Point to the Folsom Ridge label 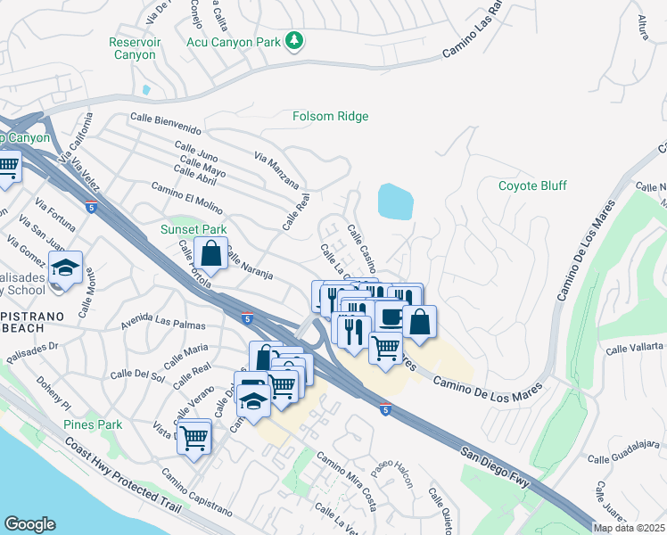[x=330, y=116]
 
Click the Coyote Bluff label [x=532, y=185]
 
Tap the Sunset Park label [x=194, y=229]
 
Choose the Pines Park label [x=93, y=424]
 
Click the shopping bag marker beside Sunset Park [x=210, y=254]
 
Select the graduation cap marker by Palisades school [x=65, y=268]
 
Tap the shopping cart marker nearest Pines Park [x=194, y=437]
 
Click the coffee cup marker [x=391, y=317]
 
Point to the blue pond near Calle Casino [x=395, y=202]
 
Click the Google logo [x=29, y=524]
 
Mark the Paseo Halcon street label [x=393, y=473]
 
